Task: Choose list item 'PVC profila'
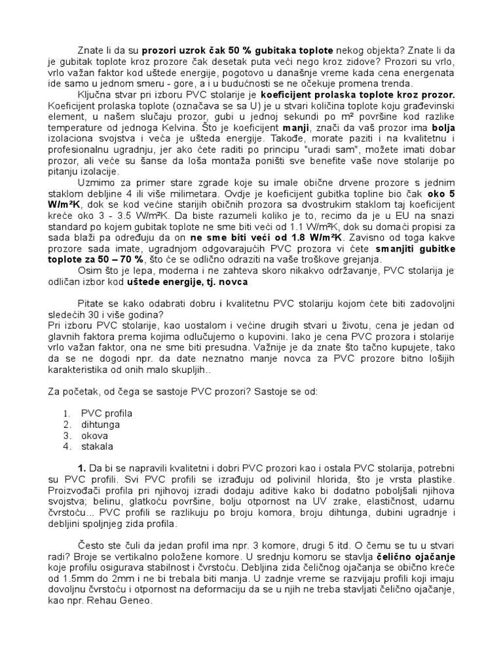[x=106, y=413]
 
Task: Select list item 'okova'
[x=95, y=436]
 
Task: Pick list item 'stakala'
[x=97, y=447]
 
